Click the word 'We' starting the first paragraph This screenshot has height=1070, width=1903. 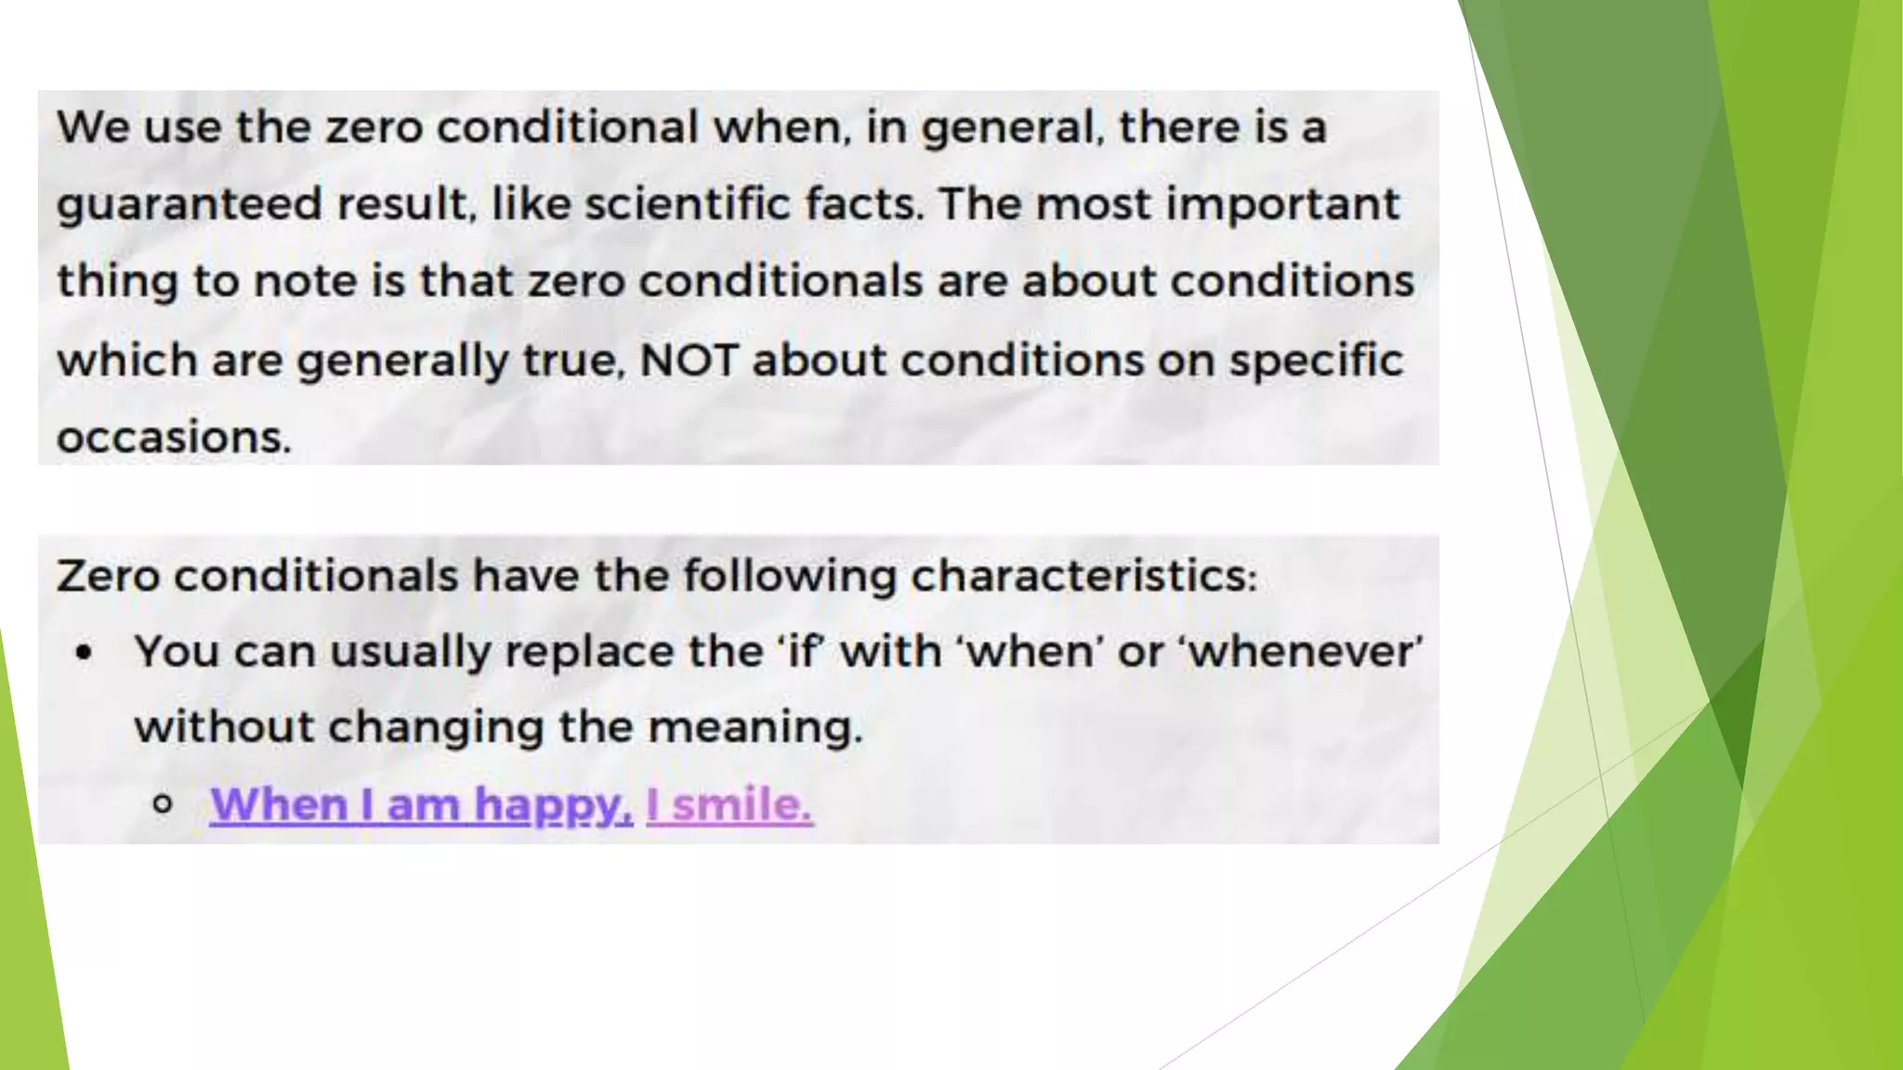point(92,127)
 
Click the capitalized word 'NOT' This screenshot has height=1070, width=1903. point(689,359)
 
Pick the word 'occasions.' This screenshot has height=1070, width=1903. point(174,437)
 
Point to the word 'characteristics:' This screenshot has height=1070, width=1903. point(1083,576)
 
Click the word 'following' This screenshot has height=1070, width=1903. point(790,577)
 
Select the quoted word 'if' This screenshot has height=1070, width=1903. point(801,650)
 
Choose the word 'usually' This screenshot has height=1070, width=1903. point(410,652)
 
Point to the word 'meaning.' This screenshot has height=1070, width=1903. point(755,727)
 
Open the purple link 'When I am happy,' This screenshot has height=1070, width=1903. point(421,804)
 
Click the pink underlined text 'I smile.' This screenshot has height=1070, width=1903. point(729,804)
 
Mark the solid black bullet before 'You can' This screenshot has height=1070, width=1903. point(85,653)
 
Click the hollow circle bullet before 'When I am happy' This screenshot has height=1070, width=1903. point(163,804)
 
